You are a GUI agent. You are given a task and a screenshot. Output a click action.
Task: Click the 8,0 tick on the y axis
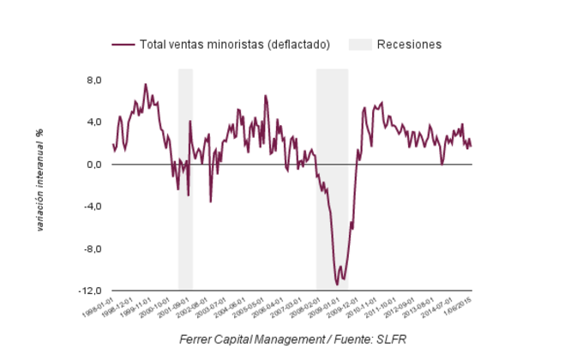tap(92, 80)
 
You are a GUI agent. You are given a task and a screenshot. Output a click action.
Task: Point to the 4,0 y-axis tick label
tap(92, 122)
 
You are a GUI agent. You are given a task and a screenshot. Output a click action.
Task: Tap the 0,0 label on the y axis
tap(92, 165)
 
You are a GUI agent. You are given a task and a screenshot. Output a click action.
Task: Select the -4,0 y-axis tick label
tap(90, 207)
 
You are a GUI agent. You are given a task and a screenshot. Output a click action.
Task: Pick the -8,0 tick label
tap(90, 249)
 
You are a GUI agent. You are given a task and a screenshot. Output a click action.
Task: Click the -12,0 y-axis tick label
tap(88, 291)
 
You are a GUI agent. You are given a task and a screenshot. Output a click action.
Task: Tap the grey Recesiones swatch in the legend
tap(359, 45)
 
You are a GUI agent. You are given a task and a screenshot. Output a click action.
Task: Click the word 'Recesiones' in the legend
tap(410, 45)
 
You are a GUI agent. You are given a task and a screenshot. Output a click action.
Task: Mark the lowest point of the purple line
tap(337, 284)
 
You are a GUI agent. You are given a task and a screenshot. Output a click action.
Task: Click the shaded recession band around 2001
tap(185, 180)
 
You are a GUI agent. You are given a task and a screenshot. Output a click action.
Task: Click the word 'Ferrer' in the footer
tap(197, 339)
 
